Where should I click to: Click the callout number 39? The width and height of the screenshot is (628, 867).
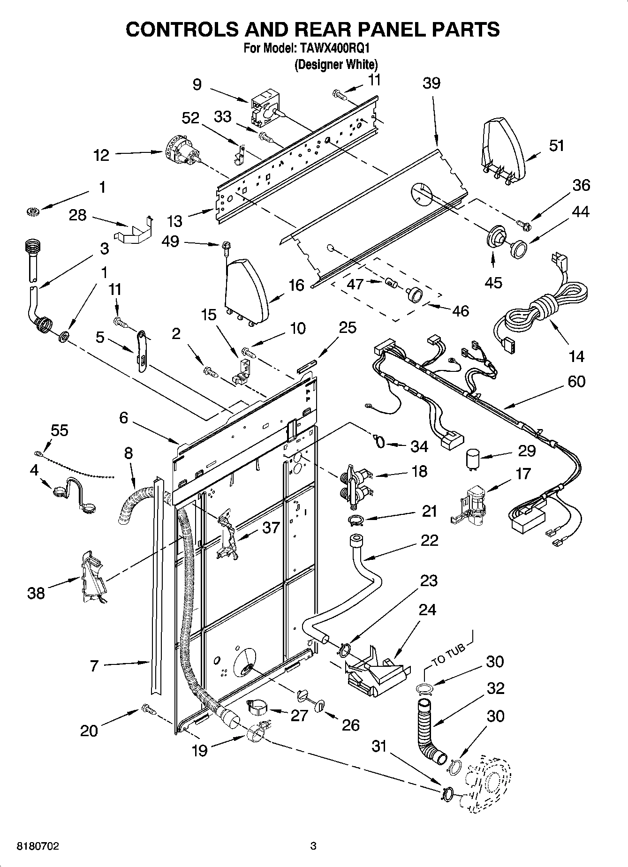(x=431, y=83)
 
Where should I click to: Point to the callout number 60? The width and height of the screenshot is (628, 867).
(x=576, y=381)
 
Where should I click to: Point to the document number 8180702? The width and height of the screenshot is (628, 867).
(x=38, y=846)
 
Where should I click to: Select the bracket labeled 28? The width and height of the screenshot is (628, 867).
(x=134, y=232)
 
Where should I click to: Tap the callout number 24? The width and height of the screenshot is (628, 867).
(x=427, y=610)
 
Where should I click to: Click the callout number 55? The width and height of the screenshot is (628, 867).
(x=59, y=430)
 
